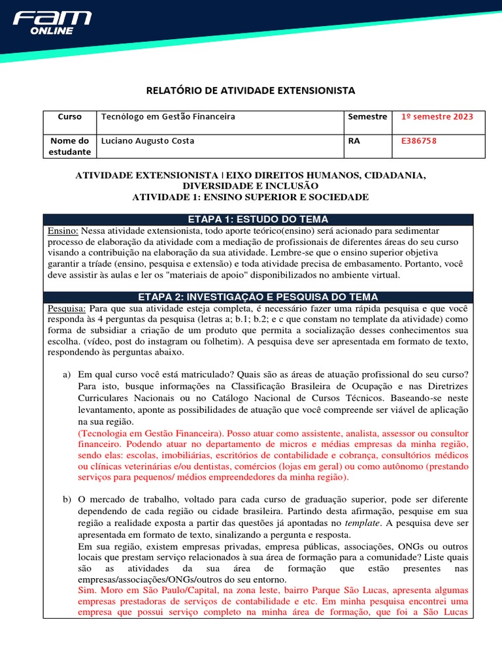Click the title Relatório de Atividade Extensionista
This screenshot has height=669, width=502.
[x=250, y=90]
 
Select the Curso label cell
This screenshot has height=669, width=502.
[x=70, y=117]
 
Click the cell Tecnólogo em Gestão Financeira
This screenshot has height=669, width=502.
[x=167, y=117]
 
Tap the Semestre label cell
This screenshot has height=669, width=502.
[x=367, y=117]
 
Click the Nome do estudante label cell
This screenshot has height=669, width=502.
[x=70, y=146]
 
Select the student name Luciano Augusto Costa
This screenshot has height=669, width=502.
[x=147, y=141]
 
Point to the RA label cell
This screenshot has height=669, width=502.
[x=354, y=141]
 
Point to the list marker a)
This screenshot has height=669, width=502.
[x=66, y=375]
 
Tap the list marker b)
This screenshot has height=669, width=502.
[x=66, y=500]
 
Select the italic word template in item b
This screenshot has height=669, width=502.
[x=361, y=523]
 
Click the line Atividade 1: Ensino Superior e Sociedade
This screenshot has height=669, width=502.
[x=250, y=197]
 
